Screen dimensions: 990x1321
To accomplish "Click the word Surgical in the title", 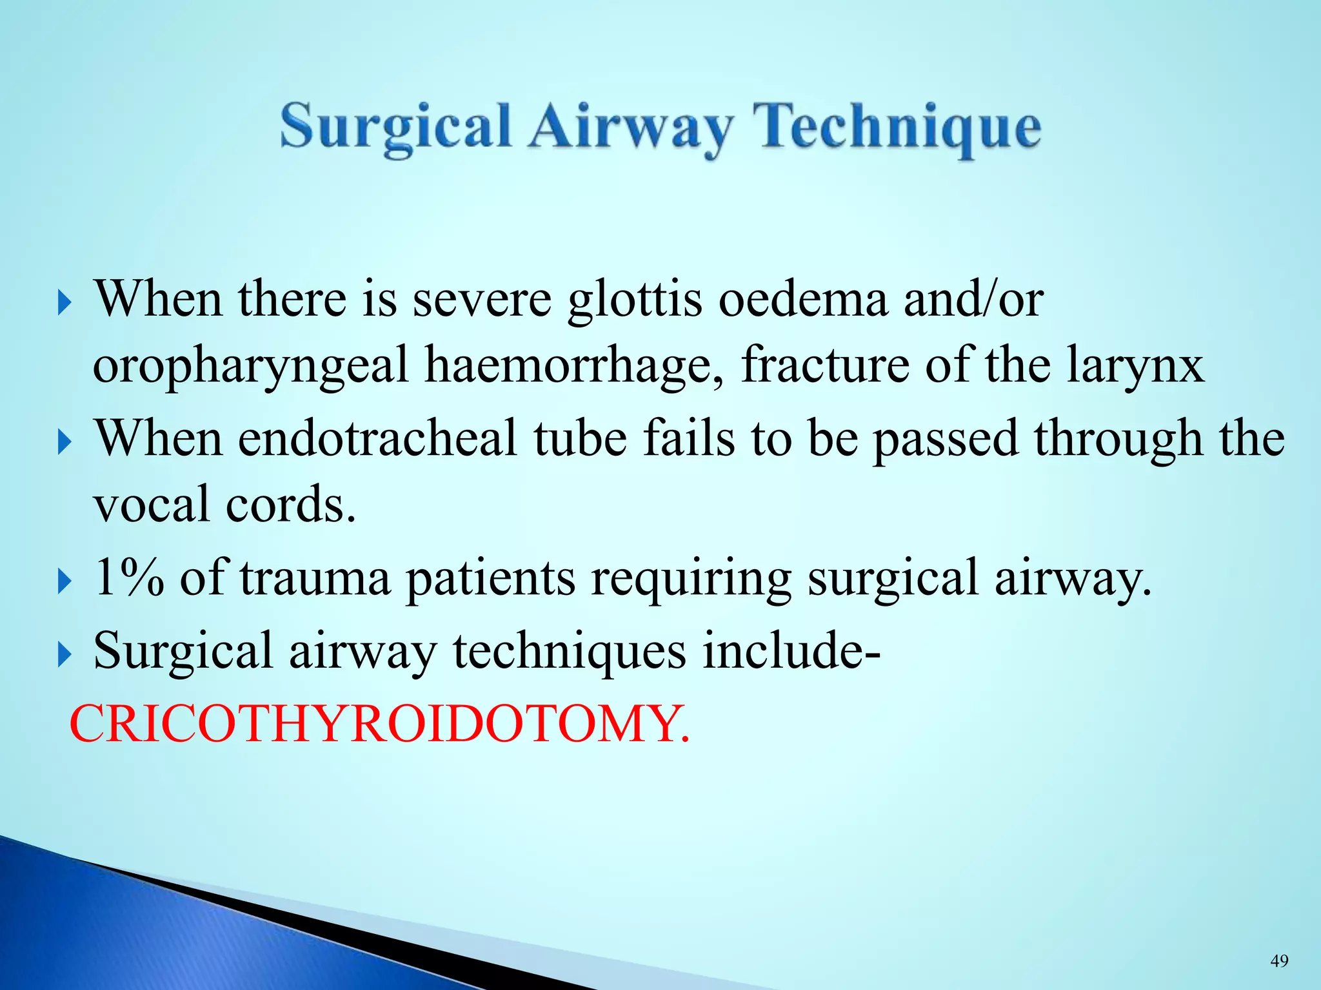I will (x=395, y=128).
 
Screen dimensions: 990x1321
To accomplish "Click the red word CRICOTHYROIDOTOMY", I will (x=379, y=724).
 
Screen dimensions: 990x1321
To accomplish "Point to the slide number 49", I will (x=1279, y=961).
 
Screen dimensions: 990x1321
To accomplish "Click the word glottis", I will (x=635, y=300).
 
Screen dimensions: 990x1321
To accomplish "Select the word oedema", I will (x=803, y=300).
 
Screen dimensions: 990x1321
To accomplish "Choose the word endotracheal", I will (x=377, y=438).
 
